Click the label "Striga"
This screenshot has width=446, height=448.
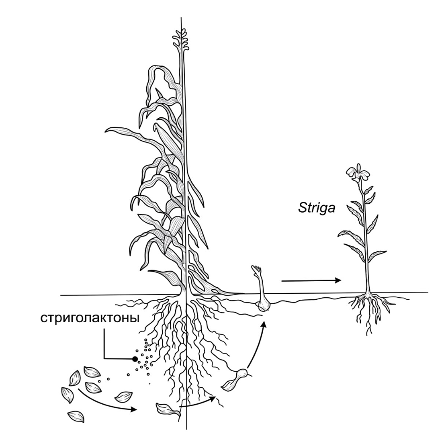click(316, 208)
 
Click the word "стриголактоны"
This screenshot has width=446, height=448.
click(90, 318)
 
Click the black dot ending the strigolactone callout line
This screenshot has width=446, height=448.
click(135, 359)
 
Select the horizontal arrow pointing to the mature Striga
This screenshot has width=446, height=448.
click(311, 280)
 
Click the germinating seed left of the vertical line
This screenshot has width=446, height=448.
click(168, 409)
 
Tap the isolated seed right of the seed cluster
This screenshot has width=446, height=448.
click(123, 396)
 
